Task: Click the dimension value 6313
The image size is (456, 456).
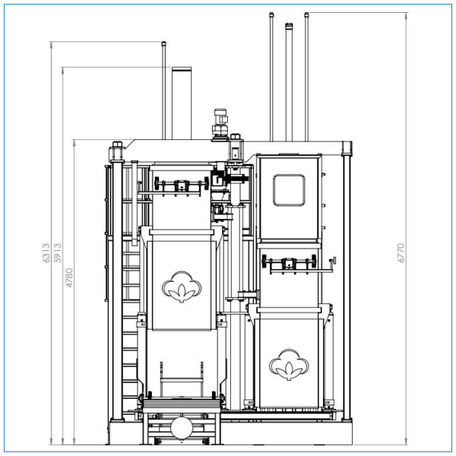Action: point(46,253)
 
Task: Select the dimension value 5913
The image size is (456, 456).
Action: point(58,253)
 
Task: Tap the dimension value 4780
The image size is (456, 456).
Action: point(69,277)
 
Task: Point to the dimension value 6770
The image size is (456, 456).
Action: point(401,253)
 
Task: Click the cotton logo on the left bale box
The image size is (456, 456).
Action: point(182,287)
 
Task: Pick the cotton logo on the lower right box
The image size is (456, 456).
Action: point(289,365)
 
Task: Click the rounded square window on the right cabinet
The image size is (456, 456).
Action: point(289,191)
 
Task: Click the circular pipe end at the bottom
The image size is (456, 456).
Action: point(182,428)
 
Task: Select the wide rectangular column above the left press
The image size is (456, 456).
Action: point(182,103)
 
